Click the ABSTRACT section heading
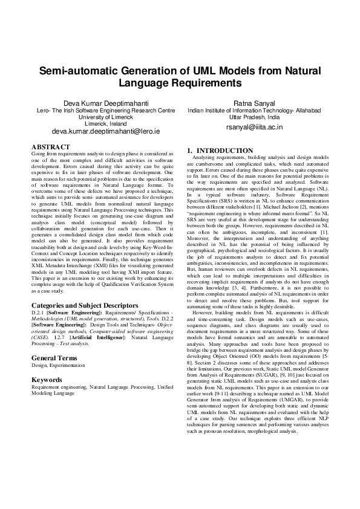coord(51,147)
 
